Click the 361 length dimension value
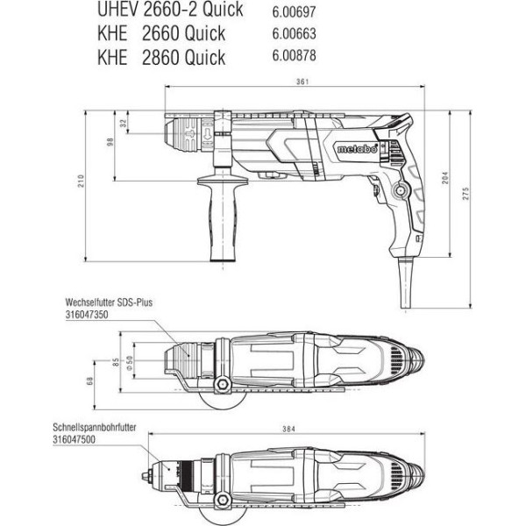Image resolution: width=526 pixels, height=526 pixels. (302, 82)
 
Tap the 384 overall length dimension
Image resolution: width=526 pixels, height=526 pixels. (288, 429)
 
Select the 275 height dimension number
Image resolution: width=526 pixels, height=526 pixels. (466, 194)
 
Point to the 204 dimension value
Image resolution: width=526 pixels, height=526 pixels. (444, 178)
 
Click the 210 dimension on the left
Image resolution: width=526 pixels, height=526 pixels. (81, 181)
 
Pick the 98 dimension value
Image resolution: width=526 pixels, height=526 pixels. (110, 142)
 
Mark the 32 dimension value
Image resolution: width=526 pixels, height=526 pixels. (124, 123)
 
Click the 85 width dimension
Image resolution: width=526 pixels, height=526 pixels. (116, 362)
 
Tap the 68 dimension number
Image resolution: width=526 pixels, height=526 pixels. (89, 380)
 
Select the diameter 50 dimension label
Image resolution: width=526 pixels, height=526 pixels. (130, 363)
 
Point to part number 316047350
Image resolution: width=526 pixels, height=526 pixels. (87, 315)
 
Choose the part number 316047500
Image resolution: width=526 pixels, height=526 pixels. (74, 439)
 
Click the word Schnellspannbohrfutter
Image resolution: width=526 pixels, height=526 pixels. (95, 427)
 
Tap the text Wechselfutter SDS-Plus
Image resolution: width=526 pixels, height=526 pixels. (109, 302)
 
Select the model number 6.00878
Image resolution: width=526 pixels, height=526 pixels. (294, 55)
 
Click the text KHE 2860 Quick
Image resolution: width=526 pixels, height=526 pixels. (161, 57)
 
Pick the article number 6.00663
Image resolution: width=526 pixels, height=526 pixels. (294, 33)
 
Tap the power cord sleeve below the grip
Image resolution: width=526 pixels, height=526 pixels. (406, 282)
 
